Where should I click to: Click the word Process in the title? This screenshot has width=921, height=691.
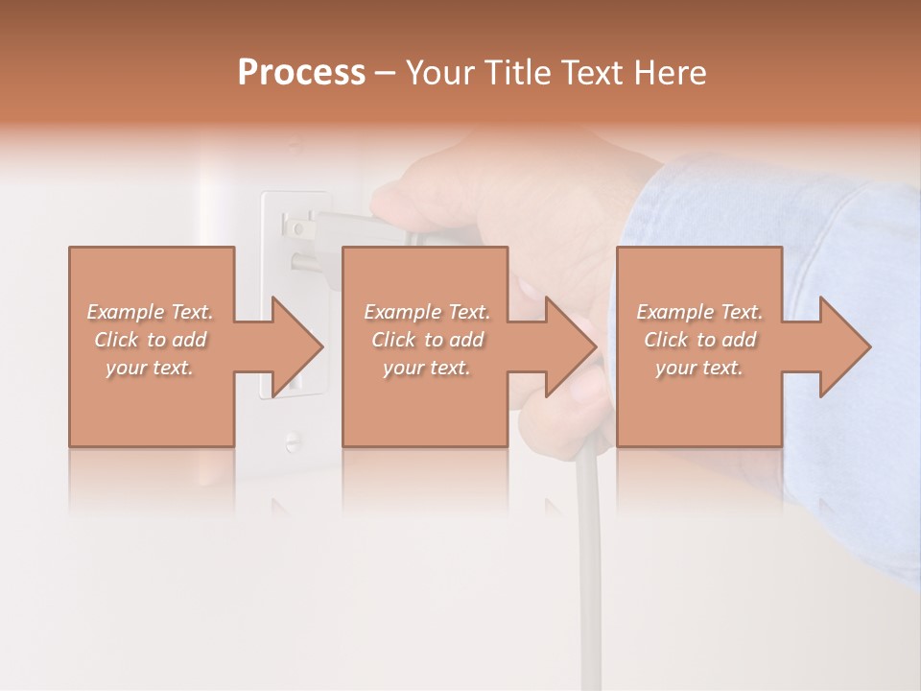301,72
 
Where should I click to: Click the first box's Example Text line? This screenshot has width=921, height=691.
150,312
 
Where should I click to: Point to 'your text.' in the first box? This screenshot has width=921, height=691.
150,368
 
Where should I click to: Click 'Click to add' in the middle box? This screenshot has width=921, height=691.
427,340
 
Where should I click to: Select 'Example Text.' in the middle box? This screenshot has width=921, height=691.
427,312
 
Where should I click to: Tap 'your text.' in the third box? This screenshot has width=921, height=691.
699,368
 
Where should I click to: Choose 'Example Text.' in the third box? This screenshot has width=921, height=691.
699,312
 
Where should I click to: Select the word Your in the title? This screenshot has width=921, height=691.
437,72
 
